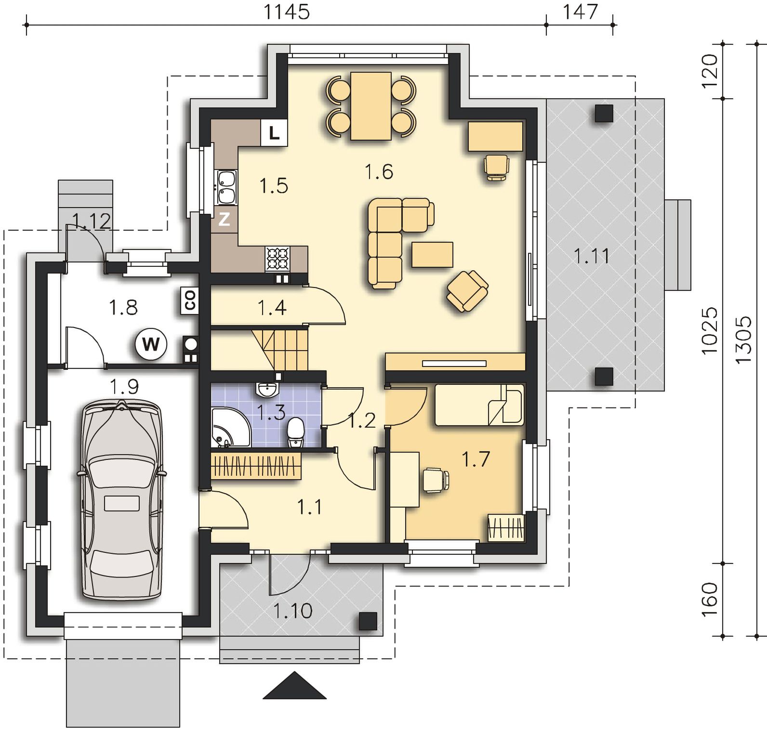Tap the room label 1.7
(x=476, y=459)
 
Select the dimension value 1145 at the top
(x=286, y=12)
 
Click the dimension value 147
(x=580, y=12)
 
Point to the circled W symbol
(x=151, y=344)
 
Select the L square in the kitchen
(x=274, y=132)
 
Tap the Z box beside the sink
(x=224, y=220)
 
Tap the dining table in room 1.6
(x=370, y=106)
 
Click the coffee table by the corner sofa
(x=432, y=254)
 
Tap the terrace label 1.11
(x=592, y=256)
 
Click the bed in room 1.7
(x=479, y=405)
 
